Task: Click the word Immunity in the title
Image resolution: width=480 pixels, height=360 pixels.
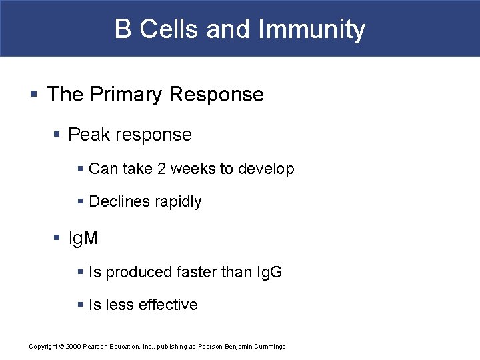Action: tap(311, 29)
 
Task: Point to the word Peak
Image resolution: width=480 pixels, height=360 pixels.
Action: tap(89, 135)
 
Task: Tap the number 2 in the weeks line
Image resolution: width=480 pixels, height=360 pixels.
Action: tap(161, 169)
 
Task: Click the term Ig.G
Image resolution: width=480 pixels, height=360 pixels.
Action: tap(269, 272)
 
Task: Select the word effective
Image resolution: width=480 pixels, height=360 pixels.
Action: tap(169, 305)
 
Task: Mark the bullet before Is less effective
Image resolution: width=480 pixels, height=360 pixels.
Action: tap(80, 305)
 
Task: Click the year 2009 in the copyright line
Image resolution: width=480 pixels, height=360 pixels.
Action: tap(73, 347)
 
